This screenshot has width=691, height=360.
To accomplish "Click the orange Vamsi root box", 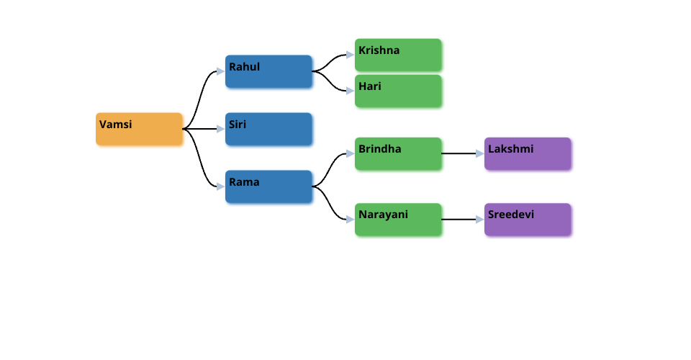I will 139,129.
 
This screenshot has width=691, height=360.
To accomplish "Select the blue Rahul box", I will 268,71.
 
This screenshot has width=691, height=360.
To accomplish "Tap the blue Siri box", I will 268,129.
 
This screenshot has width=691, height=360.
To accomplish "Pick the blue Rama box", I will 268,186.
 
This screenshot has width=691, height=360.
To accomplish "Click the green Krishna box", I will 398,55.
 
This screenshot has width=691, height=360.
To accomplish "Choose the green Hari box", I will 398,91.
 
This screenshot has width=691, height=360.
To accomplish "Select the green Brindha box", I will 398,153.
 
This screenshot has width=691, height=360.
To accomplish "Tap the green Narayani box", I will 398,219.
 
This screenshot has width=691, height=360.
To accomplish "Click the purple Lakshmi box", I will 528,153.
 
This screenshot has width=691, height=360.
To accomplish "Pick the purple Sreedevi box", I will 528,219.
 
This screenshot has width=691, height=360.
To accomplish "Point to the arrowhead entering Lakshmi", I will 479,153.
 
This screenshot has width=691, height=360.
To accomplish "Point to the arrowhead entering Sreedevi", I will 479,219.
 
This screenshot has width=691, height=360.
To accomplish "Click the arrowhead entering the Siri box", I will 220,130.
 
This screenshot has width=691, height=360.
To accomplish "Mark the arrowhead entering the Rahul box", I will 220,71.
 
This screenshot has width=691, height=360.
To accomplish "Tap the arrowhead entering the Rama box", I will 220,186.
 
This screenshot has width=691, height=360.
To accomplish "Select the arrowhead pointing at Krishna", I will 350,55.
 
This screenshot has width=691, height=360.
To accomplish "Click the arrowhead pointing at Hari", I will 350,91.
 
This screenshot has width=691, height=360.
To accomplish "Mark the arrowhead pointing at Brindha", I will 350,153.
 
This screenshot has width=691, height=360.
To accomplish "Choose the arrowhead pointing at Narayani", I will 350,219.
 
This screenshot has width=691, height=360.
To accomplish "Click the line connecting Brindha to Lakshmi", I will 458,153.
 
